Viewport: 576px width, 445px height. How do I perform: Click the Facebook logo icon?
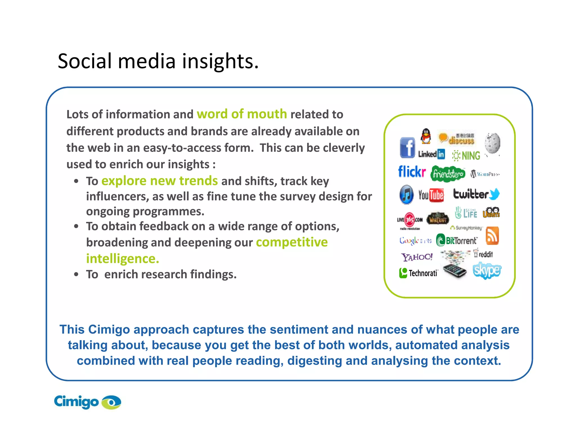(407, 148)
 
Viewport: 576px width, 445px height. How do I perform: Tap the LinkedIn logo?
(431, 154)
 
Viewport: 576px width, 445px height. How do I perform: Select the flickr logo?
(412, 172)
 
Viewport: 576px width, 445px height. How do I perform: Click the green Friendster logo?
(447, 174)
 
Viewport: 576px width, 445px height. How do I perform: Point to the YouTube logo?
(431, 195)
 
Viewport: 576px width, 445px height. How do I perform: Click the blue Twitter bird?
(494, 194)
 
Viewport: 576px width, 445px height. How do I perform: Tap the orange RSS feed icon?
(492, 236)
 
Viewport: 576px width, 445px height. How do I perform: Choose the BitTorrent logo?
(456, 240)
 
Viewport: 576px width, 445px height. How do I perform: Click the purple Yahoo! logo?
(417, 257)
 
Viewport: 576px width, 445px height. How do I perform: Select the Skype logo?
(487, 270)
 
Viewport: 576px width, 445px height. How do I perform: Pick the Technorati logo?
(418, 273)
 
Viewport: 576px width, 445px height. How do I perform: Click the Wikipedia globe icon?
(492, 143)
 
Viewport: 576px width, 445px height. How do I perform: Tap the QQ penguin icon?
(426, 136)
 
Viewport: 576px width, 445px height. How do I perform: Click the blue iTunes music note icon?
(406, 194)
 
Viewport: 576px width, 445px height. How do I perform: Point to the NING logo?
(466, 156)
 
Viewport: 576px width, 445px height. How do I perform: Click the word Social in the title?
(85, 61)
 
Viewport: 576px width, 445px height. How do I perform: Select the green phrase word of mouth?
(242, 114)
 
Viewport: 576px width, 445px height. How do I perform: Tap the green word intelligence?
(122, 259)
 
